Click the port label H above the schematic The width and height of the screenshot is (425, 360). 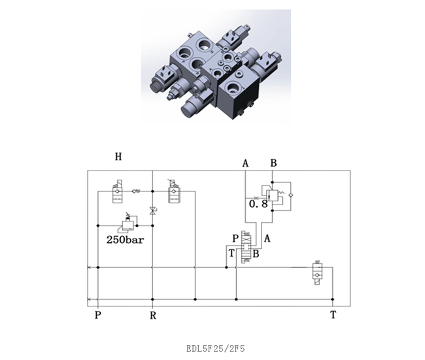118,157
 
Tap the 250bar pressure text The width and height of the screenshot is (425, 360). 125,240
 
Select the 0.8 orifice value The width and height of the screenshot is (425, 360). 258,204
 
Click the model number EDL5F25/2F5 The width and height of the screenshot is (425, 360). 216,348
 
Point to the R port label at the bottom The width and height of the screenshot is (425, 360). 153,316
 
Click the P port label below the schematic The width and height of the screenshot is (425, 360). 98,316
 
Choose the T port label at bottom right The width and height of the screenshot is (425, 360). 333,315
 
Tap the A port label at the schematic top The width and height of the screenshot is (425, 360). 245,163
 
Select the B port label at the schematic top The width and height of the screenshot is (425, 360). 273,163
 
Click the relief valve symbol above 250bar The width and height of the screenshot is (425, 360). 127,223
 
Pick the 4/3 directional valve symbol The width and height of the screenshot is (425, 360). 246,247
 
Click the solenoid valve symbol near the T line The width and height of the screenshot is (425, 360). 317,272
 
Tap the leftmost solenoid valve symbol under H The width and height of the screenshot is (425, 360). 117,191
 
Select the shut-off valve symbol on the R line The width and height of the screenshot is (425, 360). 152,211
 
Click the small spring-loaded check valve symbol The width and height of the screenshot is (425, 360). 136,191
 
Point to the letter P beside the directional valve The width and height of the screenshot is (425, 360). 235,238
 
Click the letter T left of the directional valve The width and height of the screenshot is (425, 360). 231,254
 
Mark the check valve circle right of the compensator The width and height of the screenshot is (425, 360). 291,195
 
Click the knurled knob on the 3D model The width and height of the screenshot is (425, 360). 156,86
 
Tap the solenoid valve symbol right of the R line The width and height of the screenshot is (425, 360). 174,191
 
